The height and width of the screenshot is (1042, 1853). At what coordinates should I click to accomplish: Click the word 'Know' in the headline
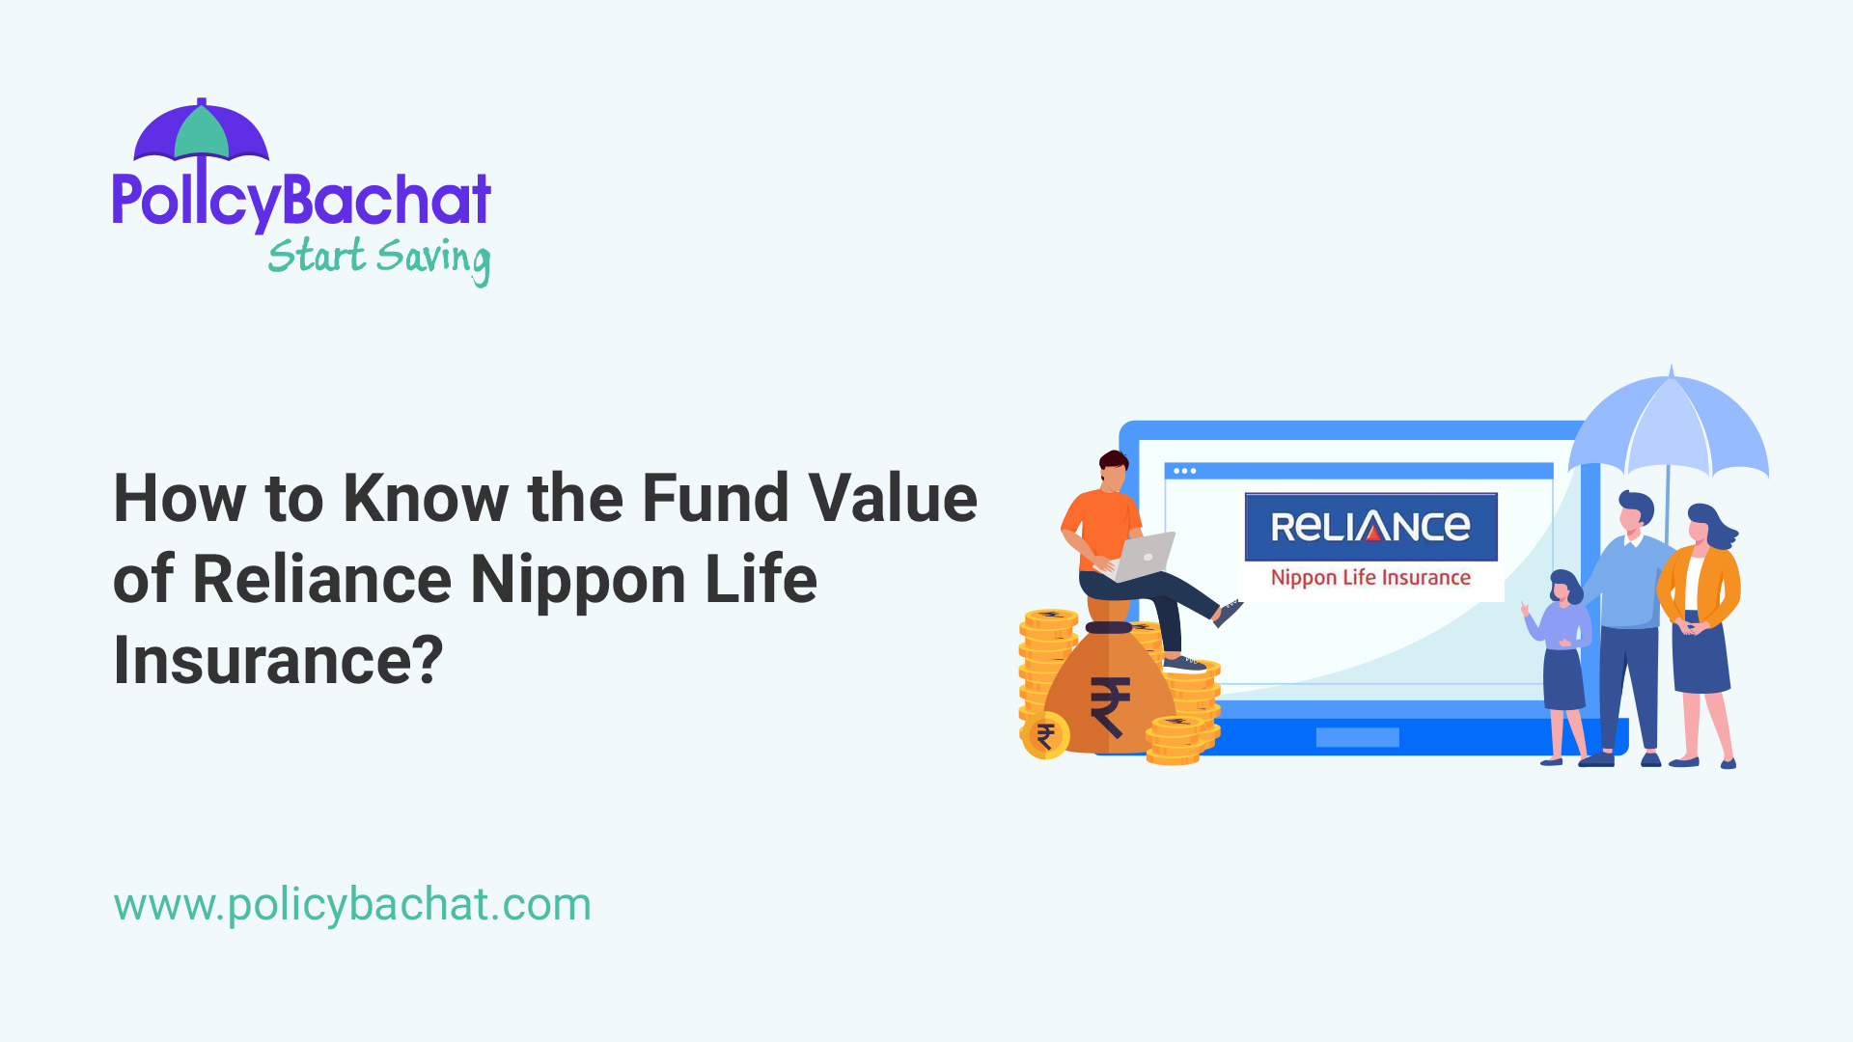(x=426, y=499)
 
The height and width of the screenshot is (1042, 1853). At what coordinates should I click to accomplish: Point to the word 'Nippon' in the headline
(x=578, y=580)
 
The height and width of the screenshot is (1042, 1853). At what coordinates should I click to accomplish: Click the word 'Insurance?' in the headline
(x=278, y=661)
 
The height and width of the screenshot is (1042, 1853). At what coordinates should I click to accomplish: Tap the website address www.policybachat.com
(x=352, y=905)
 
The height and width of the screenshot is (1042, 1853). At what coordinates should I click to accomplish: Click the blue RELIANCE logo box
(x=1370, y=527)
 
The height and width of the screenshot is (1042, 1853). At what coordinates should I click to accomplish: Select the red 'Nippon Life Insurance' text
(x=1370, y=578)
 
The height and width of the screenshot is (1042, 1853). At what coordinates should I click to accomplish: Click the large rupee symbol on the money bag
(x=1110, y=706)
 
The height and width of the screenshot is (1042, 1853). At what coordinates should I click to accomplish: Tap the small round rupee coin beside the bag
(x=1045, y=737)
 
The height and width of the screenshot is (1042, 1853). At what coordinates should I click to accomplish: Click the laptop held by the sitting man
(x=1144, y=557)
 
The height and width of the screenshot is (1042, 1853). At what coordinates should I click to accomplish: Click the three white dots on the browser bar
(x=1184, y=471)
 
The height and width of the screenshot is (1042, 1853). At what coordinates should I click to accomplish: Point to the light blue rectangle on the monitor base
(x=1357, y=737)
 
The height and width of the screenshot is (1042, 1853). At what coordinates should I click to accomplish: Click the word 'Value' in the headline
(x=893, y=499)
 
